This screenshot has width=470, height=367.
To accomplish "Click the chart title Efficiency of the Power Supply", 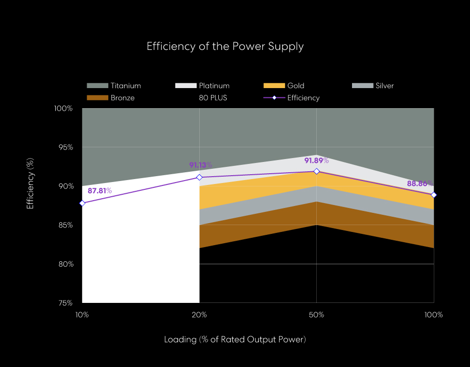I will tap(225, 46).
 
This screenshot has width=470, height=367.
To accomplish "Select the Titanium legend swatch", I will tap(97, 86).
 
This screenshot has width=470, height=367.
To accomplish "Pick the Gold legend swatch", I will tap(274, 86).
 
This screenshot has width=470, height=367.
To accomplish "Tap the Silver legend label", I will tap(385, 86).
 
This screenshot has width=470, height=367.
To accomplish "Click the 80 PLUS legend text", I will tap(213, 98).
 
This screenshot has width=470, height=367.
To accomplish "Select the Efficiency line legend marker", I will tap(274, 98).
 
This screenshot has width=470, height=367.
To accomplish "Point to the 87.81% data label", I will tap(100, 191).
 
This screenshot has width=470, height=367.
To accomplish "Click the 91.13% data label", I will tap(201, 165).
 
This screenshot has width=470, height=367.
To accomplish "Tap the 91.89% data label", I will tap(316, 161).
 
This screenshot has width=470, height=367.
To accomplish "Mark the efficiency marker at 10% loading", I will tap(82, 203).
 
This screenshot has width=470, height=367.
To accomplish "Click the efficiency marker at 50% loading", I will tap(317, 171).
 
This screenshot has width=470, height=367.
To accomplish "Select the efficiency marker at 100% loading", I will tap(434, 195).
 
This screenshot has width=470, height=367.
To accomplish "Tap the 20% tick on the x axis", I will tap(199, 315).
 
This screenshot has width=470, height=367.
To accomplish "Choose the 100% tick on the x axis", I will tap(434, 315).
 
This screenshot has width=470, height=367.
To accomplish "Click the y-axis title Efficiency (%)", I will tap(30, 183).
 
